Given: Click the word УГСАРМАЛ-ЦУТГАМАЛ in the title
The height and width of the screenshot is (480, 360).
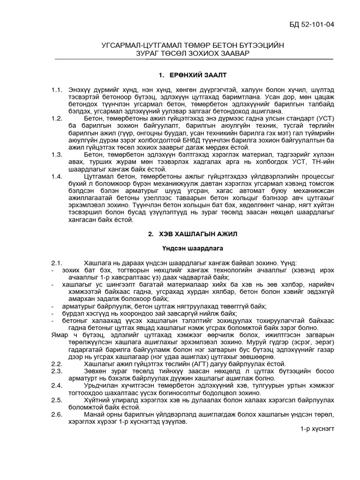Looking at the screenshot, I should click(x=143, y=45).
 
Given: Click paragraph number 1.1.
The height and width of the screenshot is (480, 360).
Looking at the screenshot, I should click(x=57, y=90).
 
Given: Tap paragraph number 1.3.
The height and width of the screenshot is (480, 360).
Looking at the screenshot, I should click(x=57, y=154).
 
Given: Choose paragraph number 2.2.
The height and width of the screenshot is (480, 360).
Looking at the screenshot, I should click(x=57, y=364).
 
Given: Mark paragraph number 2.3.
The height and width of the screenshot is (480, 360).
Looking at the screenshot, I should click(x=57, y=371).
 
